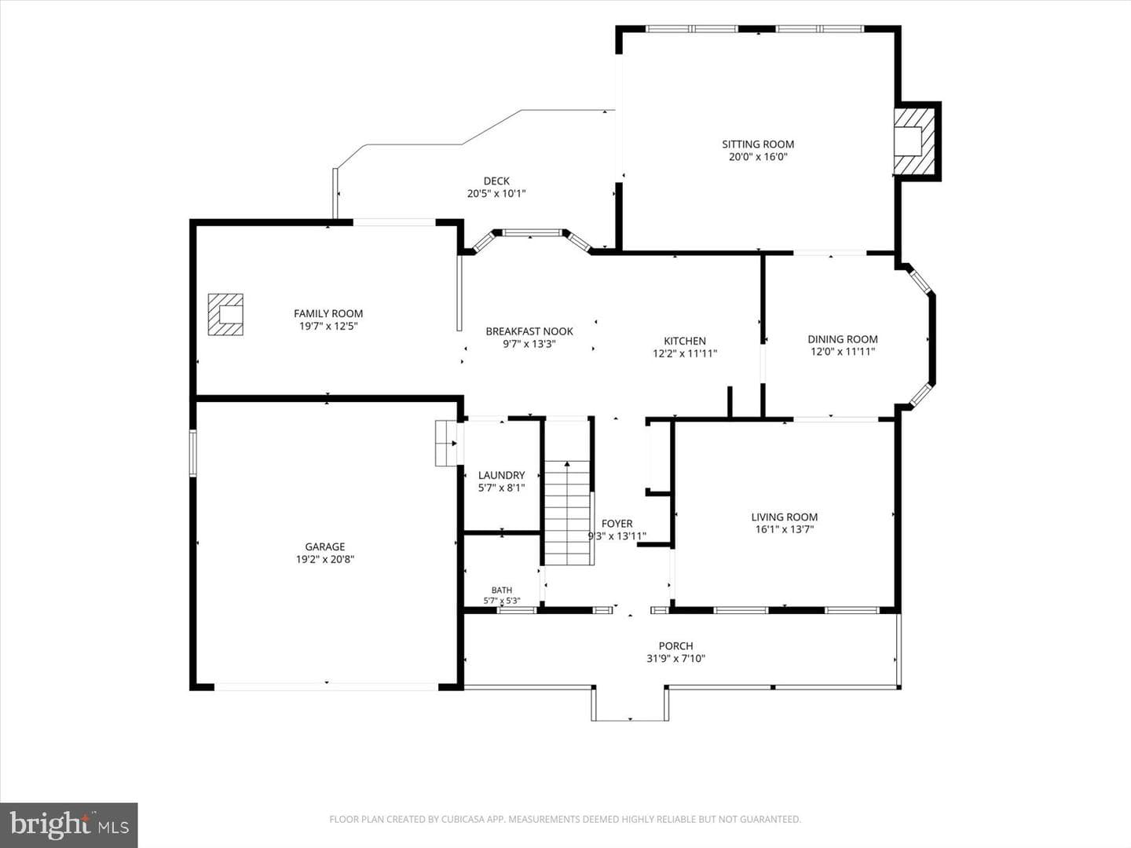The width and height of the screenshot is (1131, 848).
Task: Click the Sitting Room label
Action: pyautogui.click(x=758, y=144)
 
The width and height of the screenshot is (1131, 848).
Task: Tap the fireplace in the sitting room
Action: pyautogui.click(x=914, y=141)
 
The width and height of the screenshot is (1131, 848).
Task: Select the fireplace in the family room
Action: pyautogui.click(x=225, y=314)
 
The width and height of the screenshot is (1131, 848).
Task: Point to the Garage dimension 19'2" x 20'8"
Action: pyautogui.click(x=325, y=559)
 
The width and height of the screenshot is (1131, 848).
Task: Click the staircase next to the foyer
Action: pyautogui.click(x=567, y=513)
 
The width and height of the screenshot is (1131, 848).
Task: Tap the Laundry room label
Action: pyautogui.click(x=501, y=475)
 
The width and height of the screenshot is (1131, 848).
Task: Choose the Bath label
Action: pyautogui.click(x=502, y=590)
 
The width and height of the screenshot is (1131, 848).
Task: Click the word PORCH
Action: pyautogui.click(x=676, y=645)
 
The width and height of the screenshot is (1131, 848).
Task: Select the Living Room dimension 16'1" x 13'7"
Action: pyautogui.click(x=784, y=529)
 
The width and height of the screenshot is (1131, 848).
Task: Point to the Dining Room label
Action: pyautogui.click(x=843, y=339)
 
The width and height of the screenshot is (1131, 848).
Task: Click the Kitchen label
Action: pyautogui.click(x=685, y=341)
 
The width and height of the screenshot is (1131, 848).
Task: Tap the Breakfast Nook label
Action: pyautogui.click(x=529, y=331)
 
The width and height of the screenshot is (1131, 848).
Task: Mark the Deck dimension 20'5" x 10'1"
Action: pyautogui.click(x=496, y=194)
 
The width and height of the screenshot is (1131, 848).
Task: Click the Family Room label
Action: pyautogui.click(x=328, y=313)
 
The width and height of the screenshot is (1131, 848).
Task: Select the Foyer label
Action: pyautogui.click(x=617, y=524)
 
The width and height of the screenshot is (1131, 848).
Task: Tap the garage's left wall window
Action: pyautogui.click(x=193, y=453)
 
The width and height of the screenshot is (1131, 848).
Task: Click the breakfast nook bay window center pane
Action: pyautogui.click(x=532, y=232)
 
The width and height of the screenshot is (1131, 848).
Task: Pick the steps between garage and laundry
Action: pyautogui.click(x=446, y=444)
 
